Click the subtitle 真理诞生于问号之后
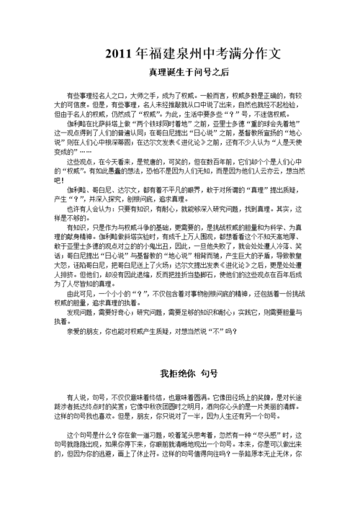click(179, 73)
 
